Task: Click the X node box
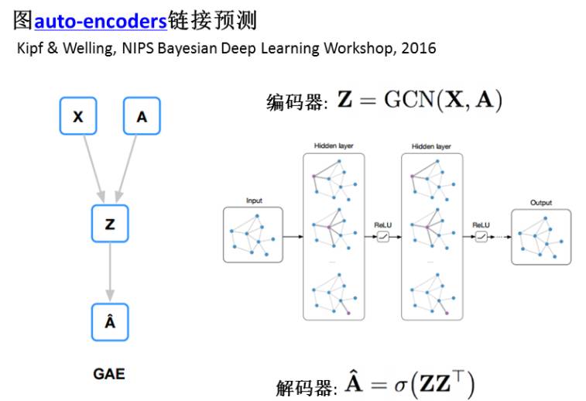click(x=78, y=117)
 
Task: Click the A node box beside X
click(x=142, y=117)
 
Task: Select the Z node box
click(x=110, y=224)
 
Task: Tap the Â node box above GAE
click(x=110, y=322)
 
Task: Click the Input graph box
click(x=253, y=234)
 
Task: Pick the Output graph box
click(x=540, y=237)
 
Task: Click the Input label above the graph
click(x=253, y=201)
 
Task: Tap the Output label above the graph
click(x=540, y=203)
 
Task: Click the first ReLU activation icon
click(x=382, y=237)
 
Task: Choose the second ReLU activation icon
click(x=481, y=237)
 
